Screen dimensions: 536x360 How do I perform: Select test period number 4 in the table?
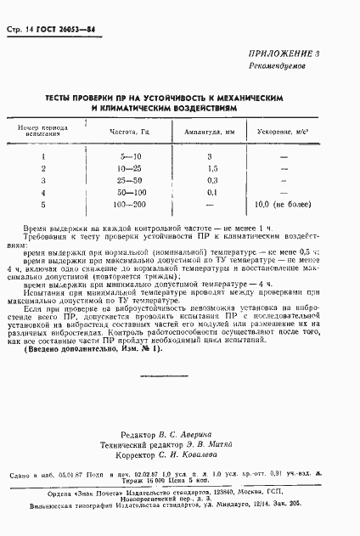[42, 193]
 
